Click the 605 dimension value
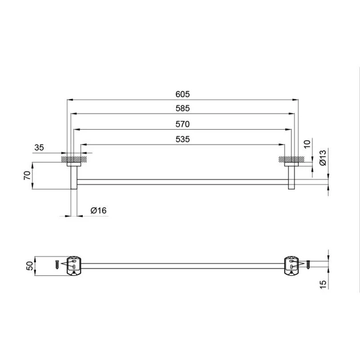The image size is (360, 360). pos(182,94)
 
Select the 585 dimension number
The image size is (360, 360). pos(182,108)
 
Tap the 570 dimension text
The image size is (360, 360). pos(182,124)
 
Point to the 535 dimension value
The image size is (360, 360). pos(182,139)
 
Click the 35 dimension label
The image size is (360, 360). pos(39,147)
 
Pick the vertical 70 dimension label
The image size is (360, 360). pos(27,175)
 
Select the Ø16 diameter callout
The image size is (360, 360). pos(98,210)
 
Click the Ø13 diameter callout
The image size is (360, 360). pos(323,158)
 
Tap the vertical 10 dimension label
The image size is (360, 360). pos(307,144)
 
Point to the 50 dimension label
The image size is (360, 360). pos(30,266)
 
